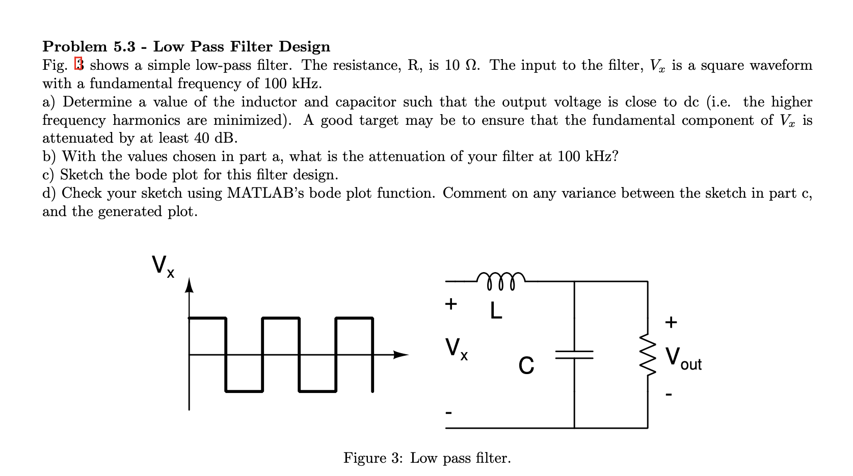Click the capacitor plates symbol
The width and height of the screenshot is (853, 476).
[x=574, y=355]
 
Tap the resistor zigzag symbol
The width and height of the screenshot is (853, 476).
[x=648, y=355]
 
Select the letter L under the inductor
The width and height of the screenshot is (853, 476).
[x=496, y=310]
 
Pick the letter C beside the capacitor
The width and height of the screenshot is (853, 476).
[x=526, y=365]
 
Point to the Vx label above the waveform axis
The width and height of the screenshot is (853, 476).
[x=163, y=266]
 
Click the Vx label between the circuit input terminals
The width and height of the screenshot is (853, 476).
[x=457, y=349]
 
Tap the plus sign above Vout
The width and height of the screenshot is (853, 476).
[x=671, y=322]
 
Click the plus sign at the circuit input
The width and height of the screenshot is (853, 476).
[x=451, y=304]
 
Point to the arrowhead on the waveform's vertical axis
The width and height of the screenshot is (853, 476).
[x=189, y=285]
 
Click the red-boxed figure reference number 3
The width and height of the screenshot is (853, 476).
[x=78, y=64]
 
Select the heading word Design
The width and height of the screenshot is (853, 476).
[x=304, y=46]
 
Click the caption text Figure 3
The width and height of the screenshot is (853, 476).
[x=373, y=458]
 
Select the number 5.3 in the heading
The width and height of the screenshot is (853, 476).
[x=124, y=46]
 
